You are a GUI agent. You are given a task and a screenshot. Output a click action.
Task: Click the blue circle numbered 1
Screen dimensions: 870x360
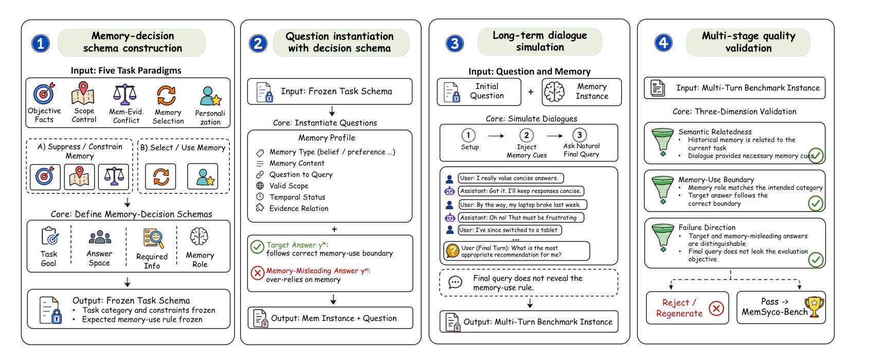[x=41, y=43]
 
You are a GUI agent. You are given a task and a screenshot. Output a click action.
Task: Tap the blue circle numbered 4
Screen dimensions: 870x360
[x=663, y=42]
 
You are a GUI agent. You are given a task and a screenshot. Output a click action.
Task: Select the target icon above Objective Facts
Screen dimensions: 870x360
[x=44, y=93]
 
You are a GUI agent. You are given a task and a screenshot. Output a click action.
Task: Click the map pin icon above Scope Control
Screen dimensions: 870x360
[x=83, y=93]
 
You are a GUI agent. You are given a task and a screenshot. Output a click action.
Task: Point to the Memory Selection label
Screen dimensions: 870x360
[x=168, y=117]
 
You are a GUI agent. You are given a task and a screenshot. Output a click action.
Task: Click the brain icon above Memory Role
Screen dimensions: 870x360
[x=199, y=237]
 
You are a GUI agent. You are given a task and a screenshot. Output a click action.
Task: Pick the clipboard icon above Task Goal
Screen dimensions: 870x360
[x=50, y=236]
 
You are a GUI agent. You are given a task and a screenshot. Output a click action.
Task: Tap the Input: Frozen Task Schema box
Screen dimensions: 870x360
[x=330, y=91]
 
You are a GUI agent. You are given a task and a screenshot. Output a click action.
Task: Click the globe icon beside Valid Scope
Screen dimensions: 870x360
[x=260, y=186]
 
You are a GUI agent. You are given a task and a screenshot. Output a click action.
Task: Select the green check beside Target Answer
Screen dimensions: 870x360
[x=257, y=247]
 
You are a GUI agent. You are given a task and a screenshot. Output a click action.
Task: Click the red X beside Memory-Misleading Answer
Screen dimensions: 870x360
[x=257, y=273]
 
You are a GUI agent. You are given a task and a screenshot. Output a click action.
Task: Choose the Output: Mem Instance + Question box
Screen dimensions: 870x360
[x=330, y=318]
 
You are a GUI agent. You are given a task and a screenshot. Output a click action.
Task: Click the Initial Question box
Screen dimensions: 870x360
[x=479, y=92]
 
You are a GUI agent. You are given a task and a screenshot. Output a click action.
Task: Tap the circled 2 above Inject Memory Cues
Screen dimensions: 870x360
[x=527, y=135]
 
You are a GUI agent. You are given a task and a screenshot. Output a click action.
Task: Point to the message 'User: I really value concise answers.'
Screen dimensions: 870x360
[x=511, y=178]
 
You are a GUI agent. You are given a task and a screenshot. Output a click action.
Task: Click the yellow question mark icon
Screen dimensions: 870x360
[x=452, y=251]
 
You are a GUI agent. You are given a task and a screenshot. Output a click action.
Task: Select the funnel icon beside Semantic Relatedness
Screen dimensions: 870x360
[x=663, y=142]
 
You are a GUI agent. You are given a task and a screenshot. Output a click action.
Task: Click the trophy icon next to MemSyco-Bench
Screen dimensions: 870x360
[x=814, y=307]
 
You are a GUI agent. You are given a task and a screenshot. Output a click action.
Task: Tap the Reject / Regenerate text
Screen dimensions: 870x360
[x=679, y=308]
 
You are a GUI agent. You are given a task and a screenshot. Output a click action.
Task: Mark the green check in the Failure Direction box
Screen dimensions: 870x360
[x=815, y=260]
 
